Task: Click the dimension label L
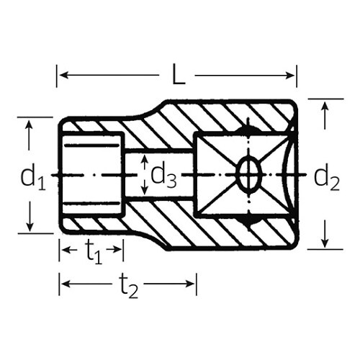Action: [x=177, y=74]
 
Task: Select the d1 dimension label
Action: [x=32, y=176]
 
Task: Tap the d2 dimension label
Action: [x=327, y=176]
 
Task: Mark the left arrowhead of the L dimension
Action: [x=62, y=75]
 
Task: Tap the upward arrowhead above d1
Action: [x=30, y=124]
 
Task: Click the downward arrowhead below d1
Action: [x=30, y=228]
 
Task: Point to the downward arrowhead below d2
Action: [x=325, y=243]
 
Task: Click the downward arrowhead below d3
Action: [x=144, y=191]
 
